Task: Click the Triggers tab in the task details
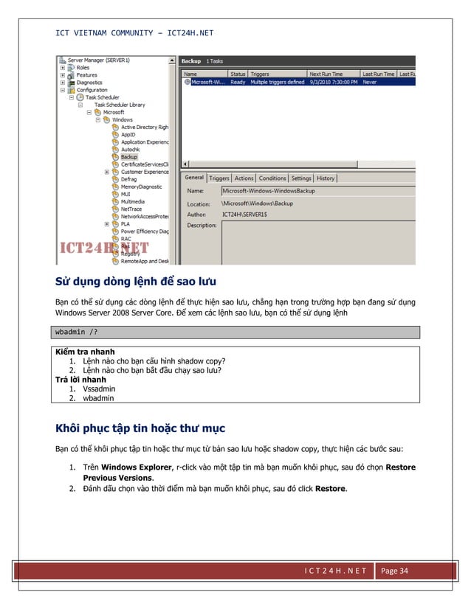tap(219, 178)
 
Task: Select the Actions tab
tap(244, 178)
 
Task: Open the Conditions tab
tap(272, 178)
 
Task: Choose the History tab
tap(326, 178)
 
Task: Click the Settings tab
tap(301, 178)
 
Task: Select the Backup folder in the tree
tap(129, 156)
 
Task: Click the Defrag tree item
tap(129, 179)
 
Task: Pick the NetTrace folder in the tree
tap(131, 209)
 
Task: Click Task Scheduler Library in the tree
tap(119, 105)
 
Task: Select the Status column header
tap(238, 74)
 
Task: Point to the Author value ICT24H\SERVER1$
tap(247, 213)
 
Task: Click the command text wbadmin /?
tap(75, 331)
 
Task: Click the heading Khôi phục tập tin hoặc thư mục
tap(140, 428)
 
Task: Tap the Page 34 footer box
tap(398, 571)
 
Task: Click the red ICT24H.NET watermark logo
tap(103, 248)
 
